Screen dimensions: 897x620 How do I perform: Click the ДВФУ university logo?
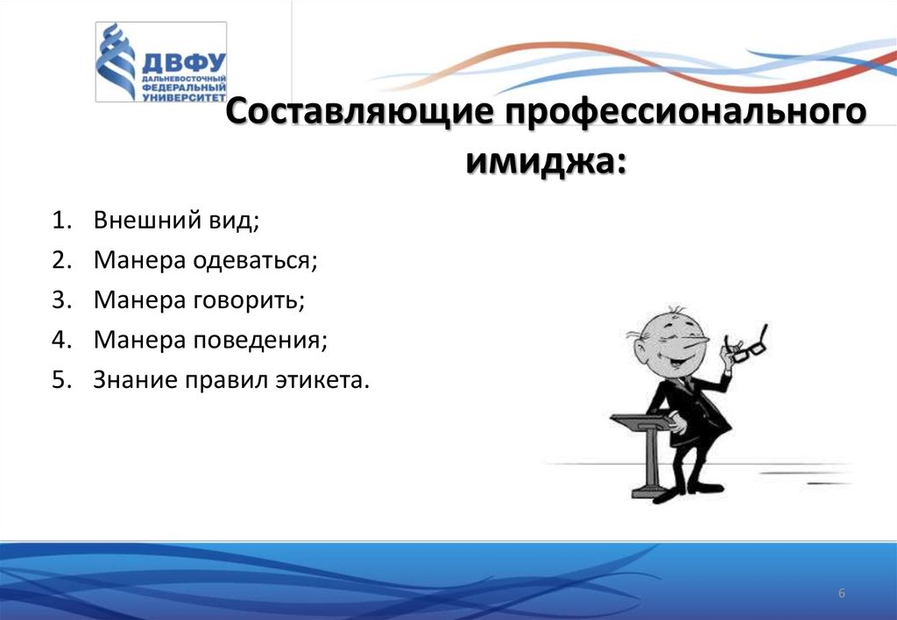(161, 62)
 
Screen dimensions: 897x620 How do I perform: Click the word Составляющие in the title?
(359, 111)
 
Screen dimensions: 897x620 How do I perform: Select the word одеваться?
(254, 261)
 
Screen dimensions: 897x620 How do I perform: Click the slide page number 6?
(842, 593)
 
